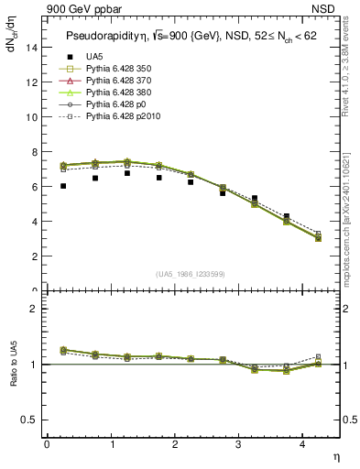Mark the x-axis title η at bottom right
[335, 456]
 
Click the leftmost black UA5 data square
[63, 186]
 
